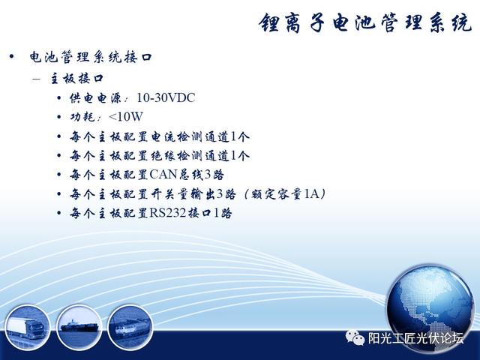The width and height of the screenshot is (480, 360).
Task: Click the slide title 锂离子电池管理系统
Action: tap(365, 23)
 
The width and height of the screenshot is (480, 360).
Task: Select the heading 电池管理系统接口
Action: tap(91, 57)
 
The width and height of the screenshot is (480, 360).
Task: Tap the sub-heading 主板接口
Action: tap(76, 79)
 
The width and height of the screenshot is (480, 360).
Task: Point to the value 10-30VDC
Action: tap(166, 98)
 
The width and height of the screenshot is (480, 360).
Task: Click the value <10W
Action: tap(126, 117)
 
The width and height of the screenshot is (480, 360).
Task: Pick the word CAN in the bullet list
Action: tap(163, 175)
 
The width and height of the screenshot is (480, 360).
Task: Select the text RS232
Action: tap(168, 213)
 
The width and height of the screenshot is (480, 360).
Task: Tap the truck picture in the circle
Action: tap(27, 327)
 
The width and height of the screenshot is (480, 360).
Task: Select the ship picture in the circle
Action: tap(79, 327)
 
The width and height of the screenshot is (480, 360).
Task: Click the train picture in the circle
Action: tap(130, 327)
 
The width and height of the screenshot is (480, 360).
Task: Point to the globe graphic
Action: tap(430, 309)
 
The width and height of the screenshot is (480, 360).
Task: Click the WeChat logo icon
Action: tap(355, 337)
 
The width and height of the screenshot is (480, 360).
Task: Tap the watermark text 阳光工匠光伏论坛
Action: tap(415, 338)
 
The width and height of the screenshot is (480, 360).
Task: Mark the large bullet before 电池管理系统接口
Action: tap(12, 57)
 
